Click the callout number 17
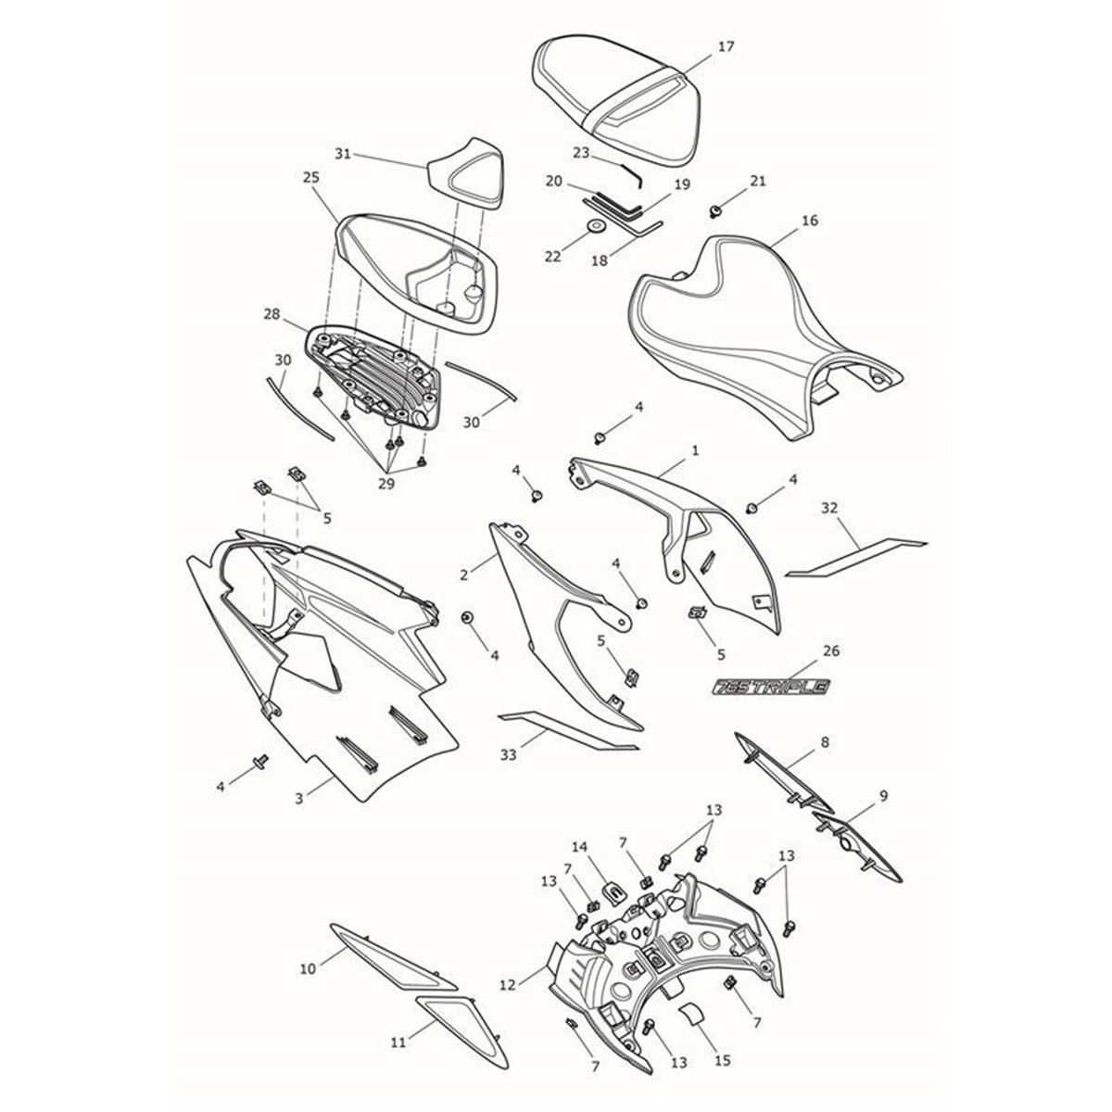[726, 46]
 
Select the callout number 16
[810, 221]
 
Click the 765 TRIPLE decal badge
[771, 686]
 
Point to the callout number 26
[831, 651]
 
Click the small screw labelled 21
[715, 212]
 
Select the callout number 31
[343, 154]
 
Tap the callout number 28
[272, 314]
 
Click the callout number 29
[386, 484]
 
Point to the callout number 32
[829, 508]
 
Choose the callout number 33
[508, 754]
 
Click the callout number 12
[507, 986]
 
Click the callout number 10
[309, 969]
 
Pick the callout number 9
[883, 796]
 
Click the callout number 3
[299, 799]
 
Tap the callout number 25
[310, 178]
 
